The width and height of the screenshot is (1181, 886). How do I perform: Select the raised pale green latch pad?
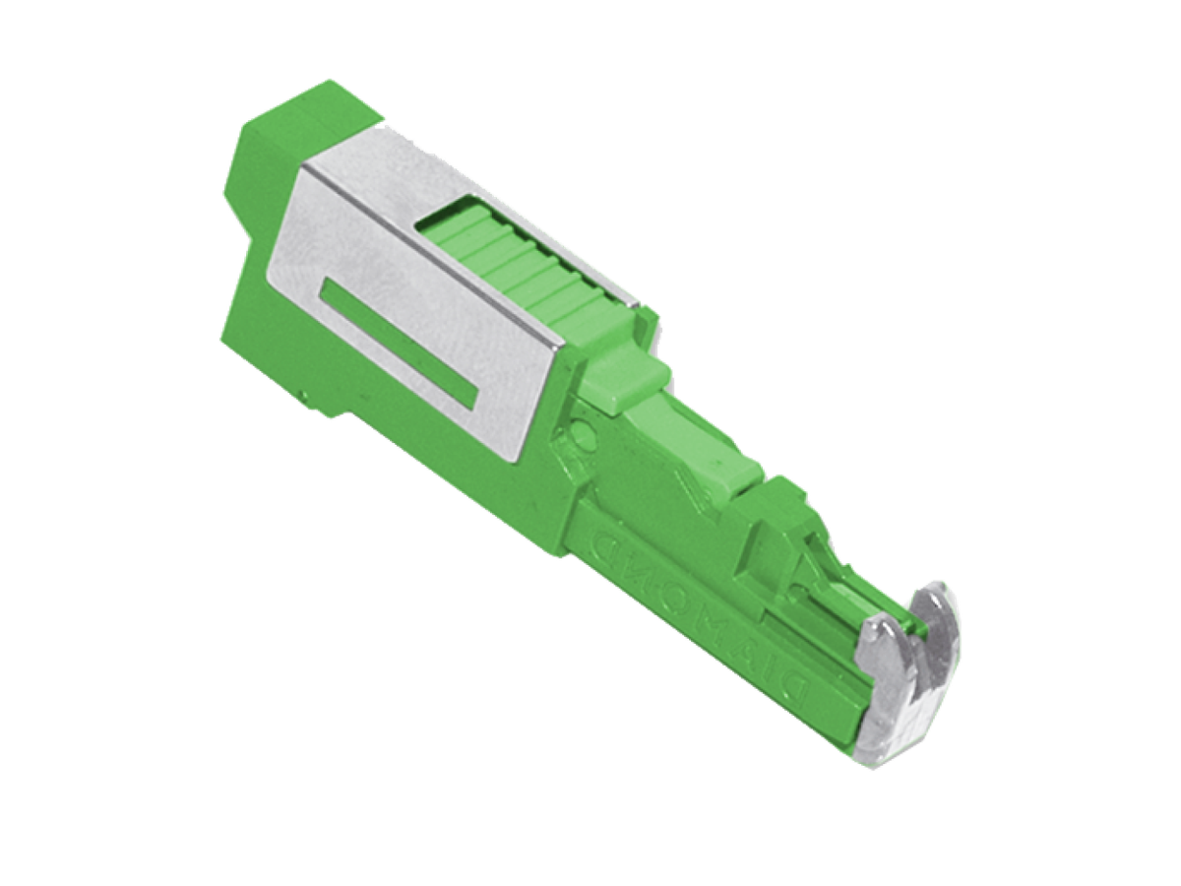(x=625, y=379)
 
